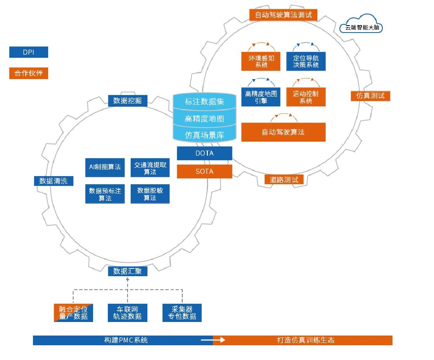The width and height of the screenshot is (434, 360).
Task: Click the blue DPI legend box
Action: click(29, 52)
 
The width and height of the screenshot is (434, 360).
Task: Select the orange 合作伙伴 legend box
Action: click(29, 73)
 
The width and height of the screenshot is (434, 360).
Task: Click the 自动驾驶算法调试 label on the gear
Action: click(283, 15)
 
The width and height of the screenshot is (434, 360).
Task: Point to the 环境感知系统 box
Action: click(261, 61)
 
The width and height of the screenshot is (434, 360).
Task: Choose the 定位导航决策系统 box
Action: click(306, 61)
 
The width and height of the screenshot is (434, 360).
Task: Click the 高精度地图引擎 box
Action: click(261, 97)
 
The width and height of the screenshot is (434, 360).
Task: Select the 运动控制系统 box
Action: click(306, 97)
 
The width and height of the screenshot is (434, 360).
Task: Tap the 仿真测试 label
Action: click(370, 95)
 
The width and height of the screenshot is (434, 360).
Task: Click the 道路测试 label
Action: click(284, 180)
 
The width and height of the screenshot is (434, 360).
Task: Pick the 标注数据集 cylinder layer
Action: click(204, 102)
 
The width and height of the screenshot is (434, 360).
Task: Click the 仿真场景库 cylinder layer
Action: click(204, 135)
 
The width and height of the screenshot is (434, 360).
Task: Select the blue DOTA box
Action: click(204, 153)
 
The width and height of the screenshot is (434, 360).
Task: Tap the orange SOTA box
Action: click(204, 171)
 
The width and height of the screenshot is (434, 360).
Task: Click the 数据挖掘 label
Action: click(128, 101)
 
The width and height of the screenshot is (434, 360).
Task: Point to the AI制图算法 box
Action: click(105, 167)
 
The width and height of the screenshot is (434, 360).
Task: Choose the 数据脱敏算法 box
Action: click(150, 194)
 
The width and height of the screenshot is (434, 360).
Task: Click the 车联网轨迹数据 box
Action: click(128, 313)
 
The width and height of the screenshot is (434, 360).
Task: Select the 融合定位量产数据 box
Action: click(73, 313)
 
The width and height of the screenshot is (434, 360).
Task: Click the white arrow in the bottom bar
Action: click(213, 340)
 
